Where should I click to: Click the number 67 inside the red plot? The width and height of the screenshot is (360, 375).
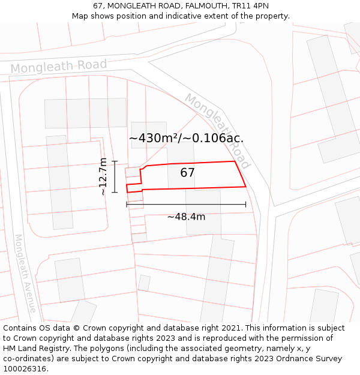point(188,173)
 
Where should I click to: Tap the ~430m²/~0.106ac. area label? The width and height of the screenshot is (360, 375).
point(186,138)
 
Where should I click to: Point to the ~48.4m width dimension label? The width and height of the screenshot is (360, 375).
point(186,217)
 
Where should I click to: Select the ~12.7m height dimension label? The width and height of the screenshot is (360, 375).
point(103,176)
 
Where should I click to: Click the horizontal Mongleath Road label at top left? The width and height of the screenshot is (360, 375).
point(58,67)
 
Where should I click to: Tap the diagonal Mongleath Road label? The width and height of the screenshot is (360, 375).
point(217,130)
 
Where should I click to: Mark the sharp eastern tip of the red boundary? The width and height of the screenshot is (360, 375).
point(246,187)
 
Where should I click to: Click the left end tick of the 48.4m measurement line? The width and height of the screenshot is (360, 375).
point(127,205)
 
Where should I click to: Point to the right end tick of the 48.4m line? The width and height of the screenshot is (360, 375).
point(246,205)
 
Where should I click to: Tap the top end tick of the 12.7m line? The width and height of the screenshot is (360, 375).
point(114,161)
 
